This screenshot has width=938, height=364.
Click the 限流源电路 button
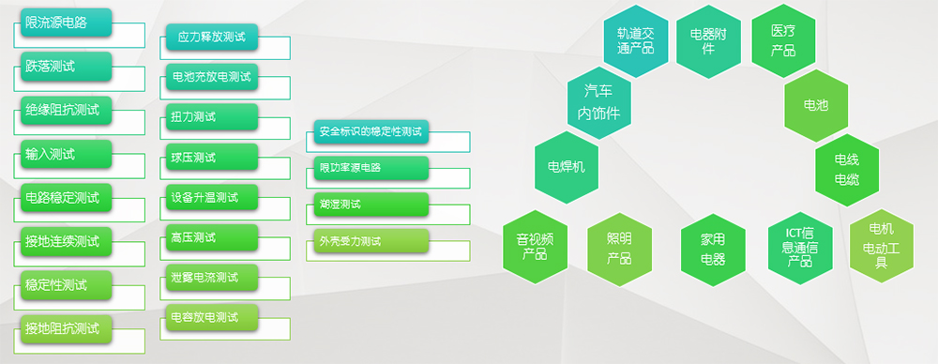click(66, 23)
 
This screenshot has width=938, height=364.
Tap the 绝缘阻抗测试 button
click(66, 110)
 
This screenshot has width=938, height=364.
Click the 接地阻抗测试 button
click(66, 328)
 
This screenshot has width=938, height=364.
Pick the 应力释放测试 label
click(212, 37)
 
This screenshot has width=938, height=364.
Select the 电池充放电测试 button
click(212, 77)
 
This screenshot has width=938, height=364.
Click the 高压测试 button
click(212, 237)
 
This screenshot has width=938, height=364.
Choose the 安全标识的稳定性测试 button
click(371, 131)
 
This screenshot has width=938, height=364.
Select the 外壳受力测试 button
click(371, 241)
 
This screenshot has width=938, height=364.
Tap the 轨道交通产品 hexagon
click(635, 41)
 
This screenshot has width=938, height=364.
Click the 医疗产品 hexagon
click(783, 41)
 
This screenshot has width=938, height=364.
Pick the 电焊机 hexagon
click(567, 167)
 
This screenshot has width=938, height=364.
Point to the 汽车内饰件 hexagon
click(598, 103)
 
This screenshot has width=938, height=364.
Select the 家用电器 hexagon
click(713, 250)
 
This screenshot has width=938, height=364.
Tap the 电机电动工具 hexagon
click(881, 246)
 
